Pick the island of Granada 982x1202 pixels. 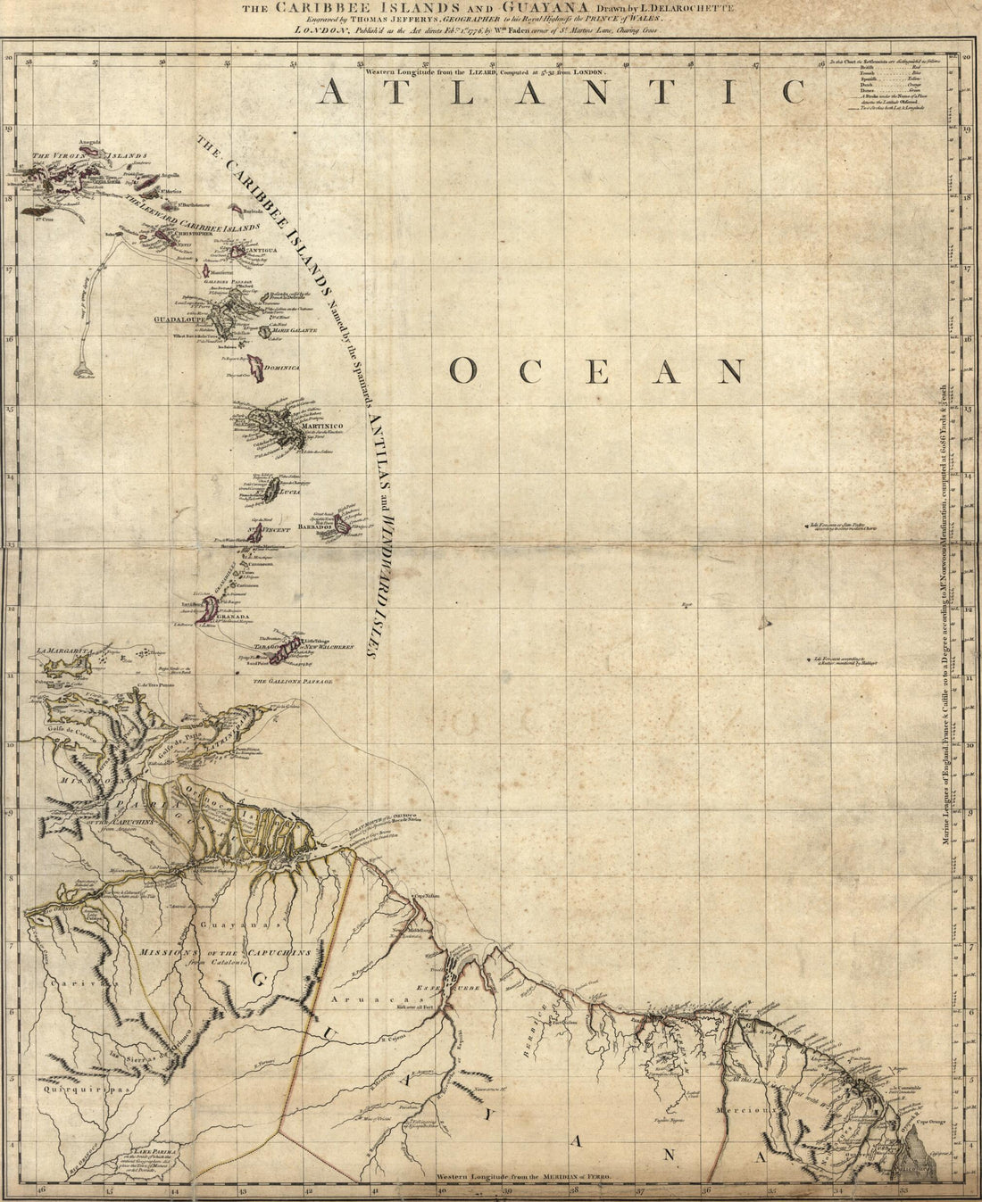pos(208,609)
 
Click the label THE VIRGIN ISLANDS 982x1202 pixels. pos(88,156)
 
